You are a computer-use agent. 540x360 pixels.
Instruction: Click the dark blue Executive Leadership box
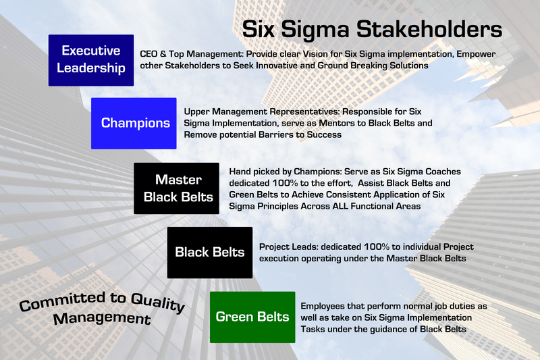pos(90,59)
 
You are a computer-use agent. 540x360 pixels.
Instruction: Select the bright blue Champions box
pos(134,122)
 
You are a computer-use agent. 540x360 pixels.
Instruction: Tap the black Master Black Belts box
pos(176,188)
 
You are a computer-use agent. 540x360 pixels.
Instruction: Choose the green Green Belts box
pos(252,316)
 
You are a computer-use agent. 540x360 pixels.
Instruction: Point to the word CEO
pos(151,53)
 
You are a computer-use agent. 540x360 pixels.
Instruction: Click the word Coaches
pos(387,172)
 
